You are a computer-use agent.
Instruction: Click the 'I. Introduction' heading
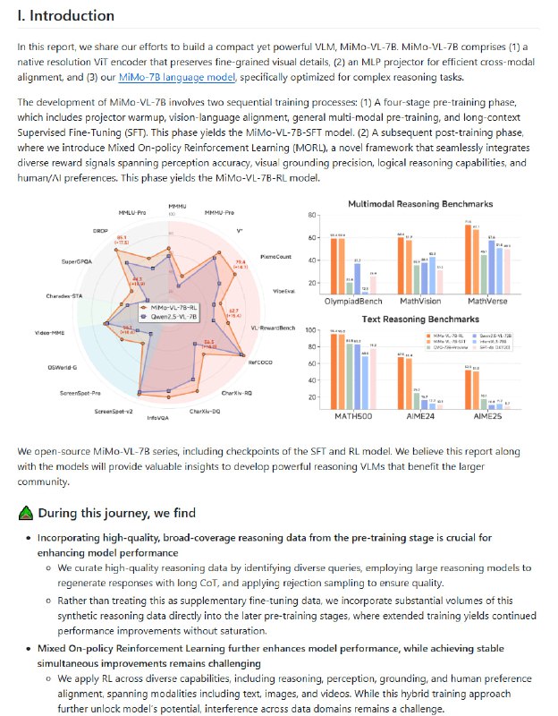(x=66, y=16)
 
